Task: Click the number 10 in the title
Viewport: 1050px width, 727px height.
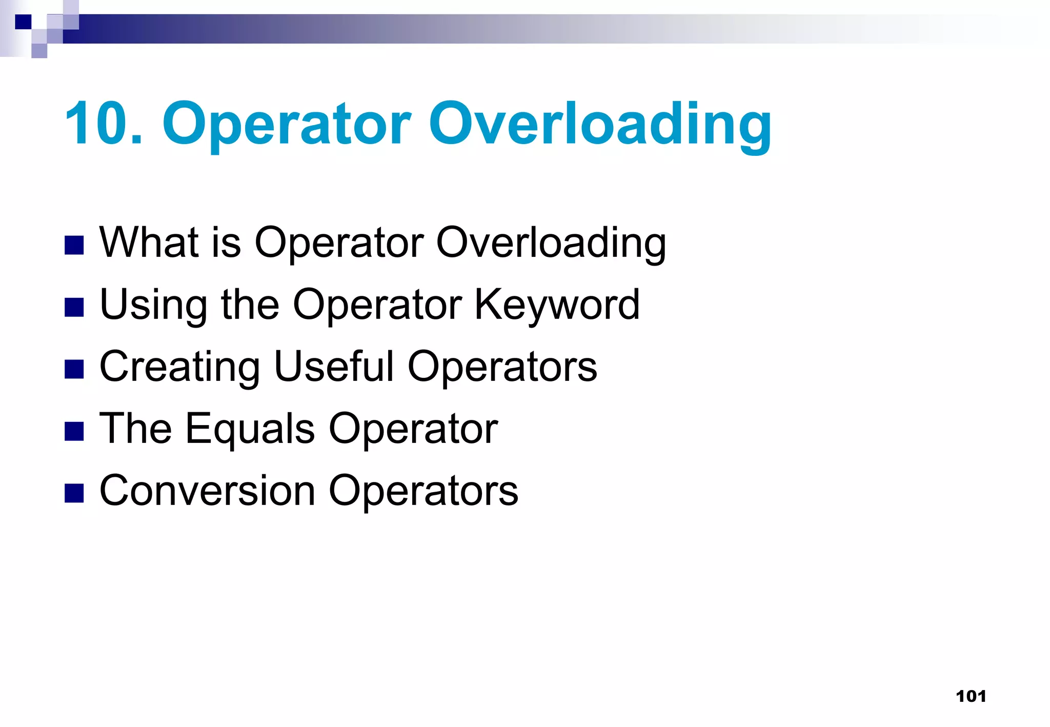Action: click(x=98, y=124)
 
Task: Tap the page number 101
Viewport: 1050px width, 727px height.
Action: click(x=971, y=696)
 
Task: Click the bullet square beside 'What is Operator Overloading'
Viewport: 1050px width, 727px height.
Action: click(x=74, y=246)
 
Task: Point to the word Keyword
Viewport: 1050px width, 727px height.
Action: click(x=557, y=305)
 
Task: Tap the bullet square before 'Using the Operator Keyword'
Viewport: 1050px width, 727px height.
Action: click(x=74, y=308)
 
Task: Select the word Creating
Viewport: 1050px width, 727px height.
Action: click(x=180, y=367)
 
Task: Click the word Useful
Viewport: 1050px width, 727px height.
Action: click(x=334, y=367)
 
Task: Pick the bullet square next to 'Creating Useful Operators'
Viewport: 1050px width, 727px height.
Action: click(x=74, y=370)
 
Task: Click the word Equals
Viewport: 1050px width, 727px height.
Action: click(x=250, y=429)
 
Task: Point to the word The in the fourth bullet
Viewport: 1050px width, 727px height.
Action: click(x=135, y=429)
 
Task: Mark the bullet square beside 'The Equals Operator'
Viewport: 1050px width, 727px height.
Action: click(x=74, y=432)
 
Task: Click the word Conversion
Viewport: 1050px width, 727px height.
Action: click(x=207, y=491)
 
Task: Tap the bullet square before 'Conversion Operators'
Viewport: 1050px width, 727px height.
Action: click(x=74, y=494)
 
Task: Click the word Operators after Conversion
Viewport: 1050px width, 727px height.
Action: click(x=423, y=491)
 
